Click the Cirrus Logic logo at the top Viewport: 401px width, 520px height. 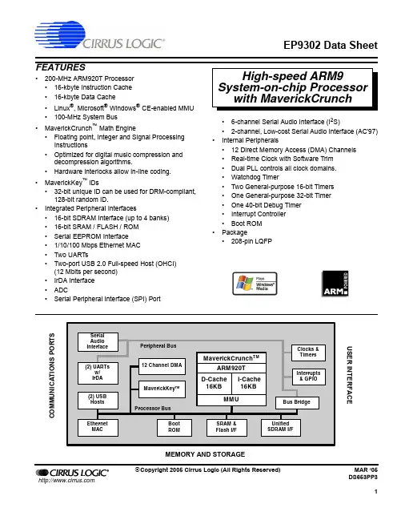pos(99,34)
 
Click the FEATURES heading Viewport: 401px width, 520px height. pos(61,67)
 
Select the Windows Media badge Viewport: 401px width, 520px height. pos(255,284)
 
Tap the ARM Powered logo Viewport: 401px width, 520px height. pos(335,284)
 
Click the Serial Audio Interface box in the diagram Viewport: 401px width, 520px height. pos(98,341)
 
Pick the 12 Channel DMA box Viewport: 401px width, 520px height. pos(162,366)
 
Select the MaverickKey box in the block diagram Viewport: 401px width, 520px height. pos(162,389)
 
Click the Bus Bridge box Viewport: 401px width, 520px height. pos(297,402)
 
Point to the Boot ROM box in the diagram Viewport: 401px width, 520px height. pos(174,428)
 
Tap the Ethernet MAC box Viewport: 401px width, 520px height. pos(98,428)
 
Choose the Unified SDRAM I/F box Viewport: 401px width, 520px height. pos(281,427)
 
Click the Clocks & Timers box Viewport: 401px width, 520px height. pos(308,353)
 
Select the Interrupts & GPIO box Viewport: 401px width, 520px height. pos(308,377)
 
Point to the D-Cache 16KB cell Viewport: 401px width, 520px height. pos(214,383)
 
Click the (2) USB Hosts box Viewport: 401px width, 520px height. pos(98,401)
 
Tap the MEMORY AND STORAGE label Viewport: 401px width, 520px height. pos(205,454)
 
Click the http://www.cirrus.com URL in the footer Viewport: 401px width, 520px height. pos(66,481)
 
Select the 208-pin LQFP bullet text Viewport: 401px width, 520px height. pos(251,241)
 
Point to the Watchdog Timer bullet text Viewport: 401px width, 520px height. pos(255,177)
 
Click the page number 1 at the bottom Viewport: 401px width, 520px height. pos(376,491)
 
